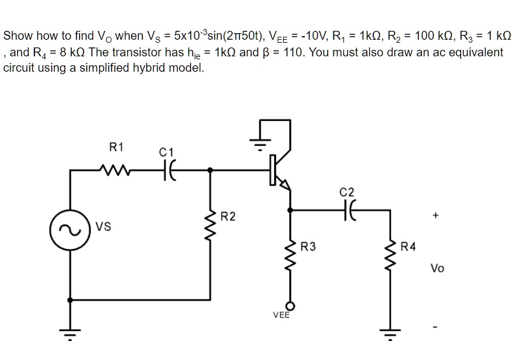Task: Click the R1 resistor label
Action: click(116, 146)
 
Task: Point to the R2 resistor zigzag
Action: click(209, 224)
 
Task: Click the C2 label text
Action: click(347, 192)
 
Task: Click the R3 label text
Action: click(309, 246)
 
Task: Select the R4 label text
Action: click(409, 246)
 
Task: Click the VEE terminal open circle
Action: click(290, 304)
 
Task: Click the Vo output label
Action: click(437, 268)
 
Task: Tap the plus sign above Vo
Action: click(437, 216)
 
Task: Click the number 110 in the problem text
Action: click(295, 52)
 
